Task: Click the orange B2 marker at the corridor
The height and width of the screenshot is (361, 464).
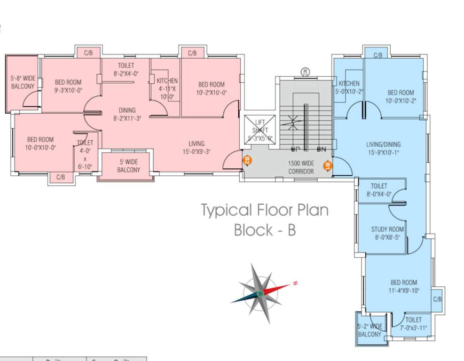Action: pos(247,160)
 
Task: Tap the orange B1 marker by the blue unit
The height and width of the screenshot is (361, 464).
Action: pos(327,165)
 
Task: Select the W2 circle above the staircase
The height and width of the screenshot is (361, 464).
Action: pos(304,72)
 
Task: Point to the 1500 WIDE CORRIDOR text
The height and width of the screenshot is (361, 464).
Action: pos(301,167)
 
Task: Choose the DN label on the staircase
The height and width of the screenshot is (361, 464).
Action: pos(322,149)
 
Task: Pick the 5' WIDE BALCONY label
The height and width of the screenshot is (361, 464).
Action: pos(128,166)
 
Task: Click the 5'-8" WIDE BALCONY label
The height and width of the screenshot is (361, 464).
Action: pos(22,82)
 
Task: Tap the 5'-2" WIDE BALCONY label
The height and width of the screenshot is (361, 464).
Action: pos(370,330)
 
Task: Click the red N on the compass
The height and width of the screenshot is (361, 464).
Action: pos(295,283)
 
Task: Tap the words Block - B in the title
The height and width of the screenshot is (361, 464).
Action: pos(265,230)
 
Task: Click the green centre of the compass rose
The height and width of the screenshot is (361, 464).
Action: pos(260,293)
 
